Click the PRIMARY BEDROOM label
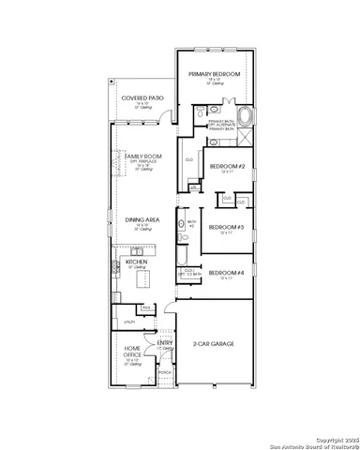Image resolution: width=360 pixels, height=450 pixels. click(214, 73)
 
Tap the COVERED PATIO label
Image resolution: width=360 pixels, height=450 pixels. click(140, 97)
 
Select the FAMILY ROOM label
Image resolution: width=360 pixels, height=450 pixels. click(142, 155)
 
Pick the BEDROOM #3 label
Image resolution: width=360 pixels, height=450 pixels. click(226, 227)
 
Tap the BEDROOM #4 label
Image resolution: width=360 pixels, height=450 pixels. click(226, 273)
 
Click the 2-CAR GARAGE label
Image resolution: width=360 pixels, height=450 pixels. click(214, 344)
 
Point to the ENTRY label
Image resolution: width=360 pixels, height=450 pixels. click(165, 343)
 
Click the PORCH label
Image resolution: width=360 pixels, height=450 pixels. click(165, 372)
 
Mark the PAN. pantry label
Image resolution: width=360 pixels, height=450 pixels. click(145, 307)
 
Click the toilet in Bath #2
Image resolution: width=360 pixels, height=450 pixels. click(184, 238)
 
